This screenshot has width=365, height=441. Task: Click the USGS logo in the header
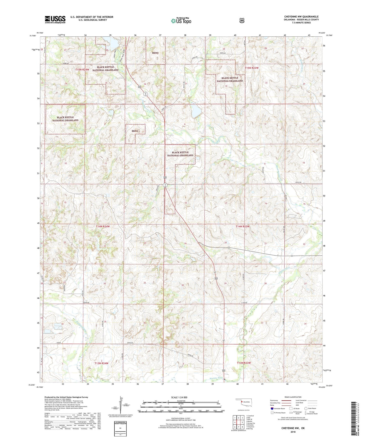(x=55, y=19)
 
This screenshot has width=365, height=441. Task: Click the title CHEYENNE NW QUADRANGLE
(x=298, y=17)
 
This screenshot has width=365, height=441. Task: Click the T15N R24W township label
(x=82, y=69)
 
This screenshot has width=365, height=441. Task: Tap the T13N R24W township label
(x=101, y=363)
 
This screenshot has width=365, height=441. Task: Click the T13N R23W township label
(x=244, y=363)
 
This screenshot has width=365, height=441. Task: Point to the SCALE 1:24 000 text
(x=179, y=397)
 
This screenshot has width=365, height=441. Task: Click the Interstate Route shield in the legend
(x=272, y=408)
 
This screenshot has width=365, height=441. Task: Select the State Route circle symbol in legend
(x=306, y=408)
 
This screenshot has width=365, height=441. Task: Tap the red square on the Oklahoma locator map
(x=242, y=401)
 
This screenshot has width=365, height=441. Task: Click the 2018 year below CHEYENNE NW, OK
(x=293, y=432)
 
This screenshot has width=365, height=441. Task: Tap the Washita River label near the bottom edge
(x=217, y=378)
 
